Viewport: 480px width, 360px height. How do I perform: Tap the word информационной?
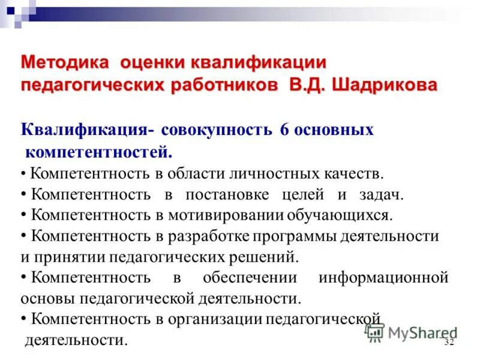(x=384, y=278)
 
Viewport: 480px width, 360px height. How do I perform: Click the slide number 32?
(x=449, y=342)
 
